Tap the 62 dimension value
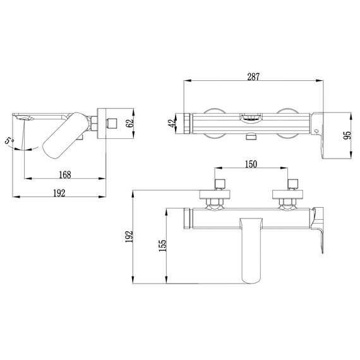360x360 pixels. pyautogui.click(x=131, y=123)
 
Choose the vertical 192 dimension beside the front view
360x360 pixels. pyautogui.click(x=131, y=236)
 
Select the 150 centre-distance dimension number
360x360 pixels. pyautogui.click(x=251, y=165)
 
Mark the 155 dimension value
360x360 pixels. pyautogui.click(x=162, y=246)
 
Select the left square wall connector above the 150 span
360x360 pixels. pyautogui.click(x=219, y=184)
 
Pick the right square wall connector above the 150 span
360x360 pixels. pyautogui.click(x=292, y=184)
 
